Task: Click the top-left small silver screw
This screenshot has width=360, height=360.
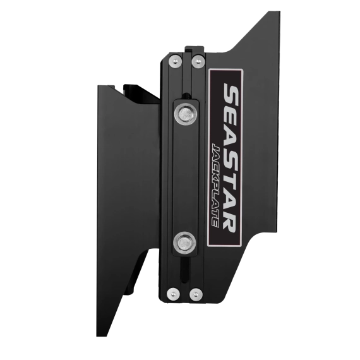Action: point(175,61)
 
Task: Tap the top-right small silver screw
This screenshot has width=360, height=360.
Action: point(198,61)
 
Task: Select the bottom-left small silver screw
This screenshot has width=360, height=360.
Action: point(173,294)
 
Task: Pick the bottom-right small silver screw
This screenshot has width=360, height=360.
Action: point(196,294)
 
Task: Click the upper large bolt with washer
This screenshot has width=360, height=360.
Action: point(186,114)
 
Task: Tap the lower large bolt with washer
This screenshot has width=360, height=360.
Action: point(184,243)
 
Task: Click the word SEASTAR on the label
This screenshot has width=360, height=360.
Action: point(230,158)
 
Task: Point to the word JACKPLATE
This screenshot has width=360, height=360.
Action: point(216,185)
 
